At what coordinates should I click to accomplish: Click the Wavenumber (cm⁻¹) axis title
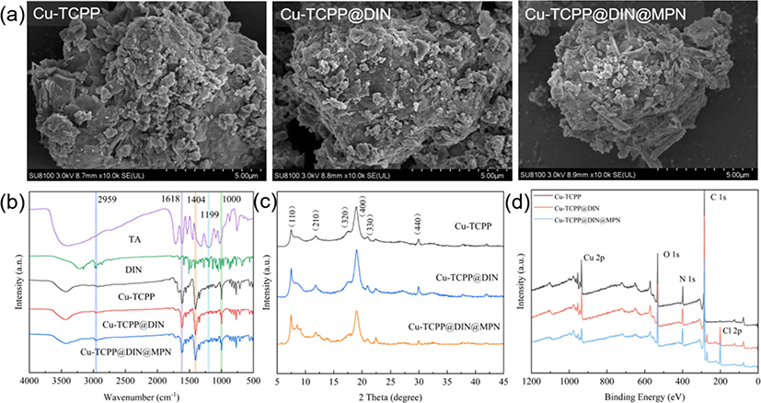138,394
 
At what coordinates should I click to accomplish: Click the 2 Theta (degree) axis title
391,394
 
